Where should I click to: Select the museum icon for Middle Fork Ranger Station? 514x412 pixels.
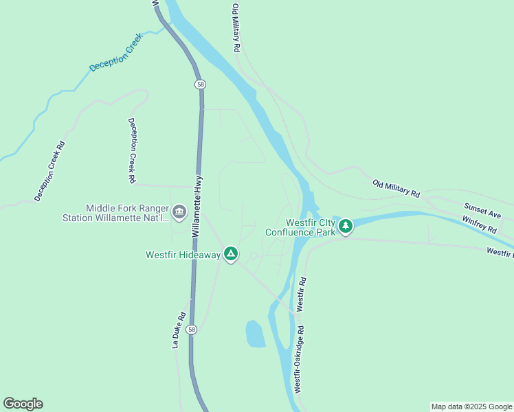[179, 211]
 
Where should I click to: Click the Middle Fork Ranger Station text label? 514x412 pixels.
[126, 213]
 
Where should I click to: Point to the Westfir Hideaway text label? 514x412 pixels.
[183, 255]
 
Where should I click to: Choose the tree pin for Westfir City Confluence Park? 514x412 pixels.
[345, 225]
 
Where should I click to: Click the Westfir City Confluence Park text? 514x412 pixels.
[301, 227]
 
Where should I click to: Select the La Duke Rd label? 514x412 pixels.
[178, 330]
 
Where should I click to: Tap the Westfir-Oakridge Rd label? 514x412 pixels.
[300, 358]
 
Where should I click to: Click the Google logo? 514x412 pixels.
[23, 404]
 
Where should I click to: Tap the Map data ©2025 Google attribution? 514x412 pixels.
[472, 407]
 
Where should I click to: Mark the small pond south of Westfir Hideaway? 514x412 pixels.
[256, 334]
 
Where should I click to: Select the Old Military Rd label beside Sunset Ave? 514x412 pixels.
[396, 189]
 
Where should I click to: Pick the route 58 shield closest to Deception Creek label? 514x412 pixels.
[199, 84]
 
